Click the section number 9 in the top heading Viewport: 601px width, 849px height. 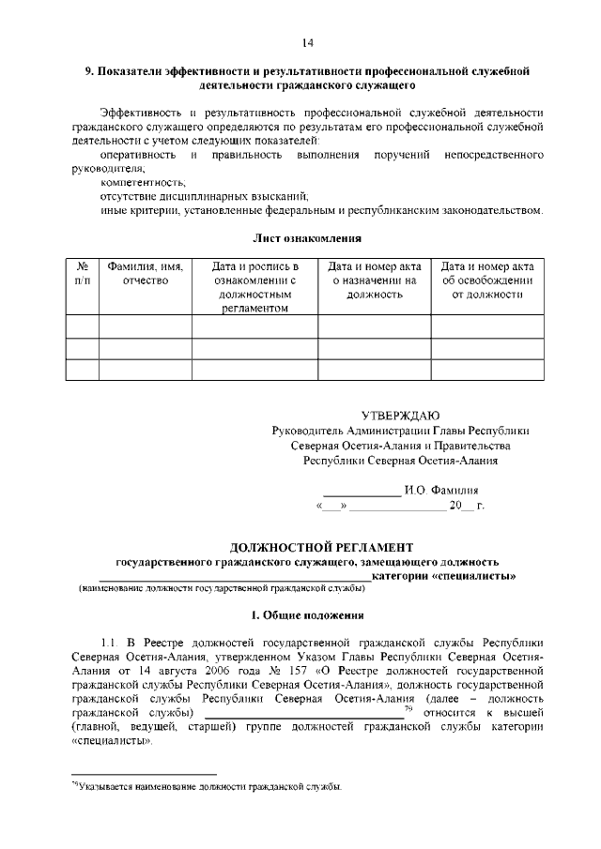click(88, 70)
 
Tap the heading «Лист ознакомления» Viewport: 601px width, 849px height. click(307, 239)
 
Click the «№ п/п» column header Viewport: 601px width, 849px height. click(83, 274)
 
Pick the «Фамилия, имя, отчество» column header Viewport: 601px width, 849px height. click(145, 274)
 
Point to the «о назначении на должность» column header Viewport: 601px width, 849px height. click(373, 280)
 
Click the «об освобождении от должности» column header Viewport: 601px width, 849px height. click(486, 280)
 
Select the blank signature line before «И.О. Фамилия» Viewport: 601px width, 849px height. click(362, 493)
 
